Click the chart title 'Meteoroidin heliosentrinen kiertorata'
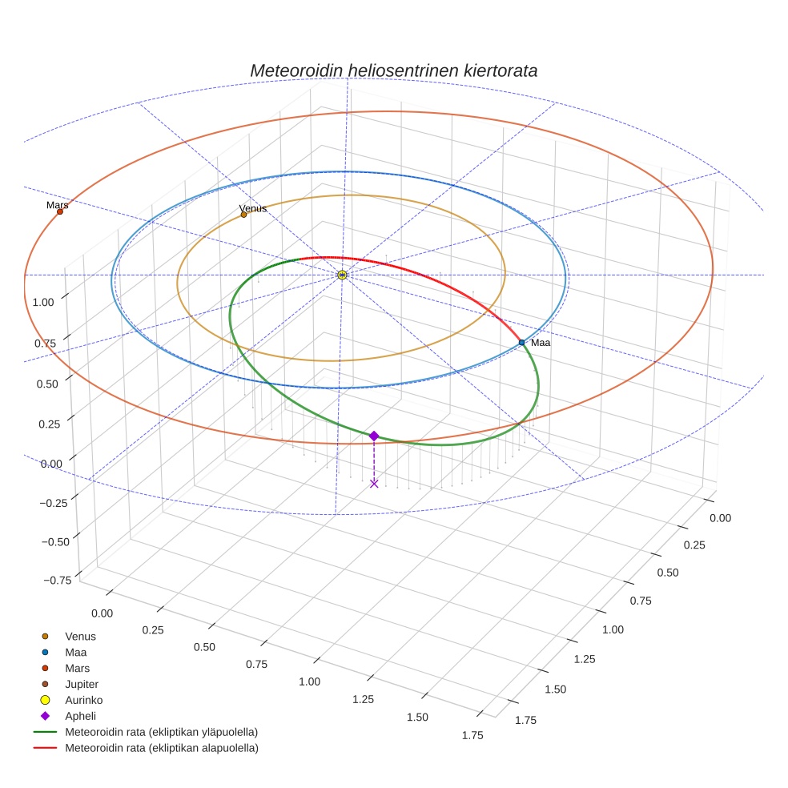393,70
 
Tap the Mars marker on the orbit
60,211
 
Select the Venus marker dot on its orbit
243,215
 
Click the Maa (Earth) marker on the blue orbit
521,343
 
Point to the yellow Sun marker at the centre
342,275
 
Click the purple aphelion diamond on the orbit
374,436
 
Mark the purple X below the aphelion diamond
374,483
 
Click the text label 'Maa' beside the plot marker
541,343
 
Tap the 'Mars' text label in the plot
57,205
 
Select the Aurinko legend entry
83,700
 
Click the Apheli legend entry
80,716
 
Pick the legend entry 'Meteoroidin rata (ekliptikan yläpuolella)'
161,732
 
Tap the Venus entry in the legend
80,636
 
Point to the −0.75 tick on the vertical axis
55,580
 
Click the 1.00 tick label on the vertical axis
43,302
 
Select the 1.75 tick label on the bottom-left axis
473,736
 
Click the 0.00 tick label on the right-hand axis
720,518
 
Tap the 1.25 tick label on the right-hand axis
585,658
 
